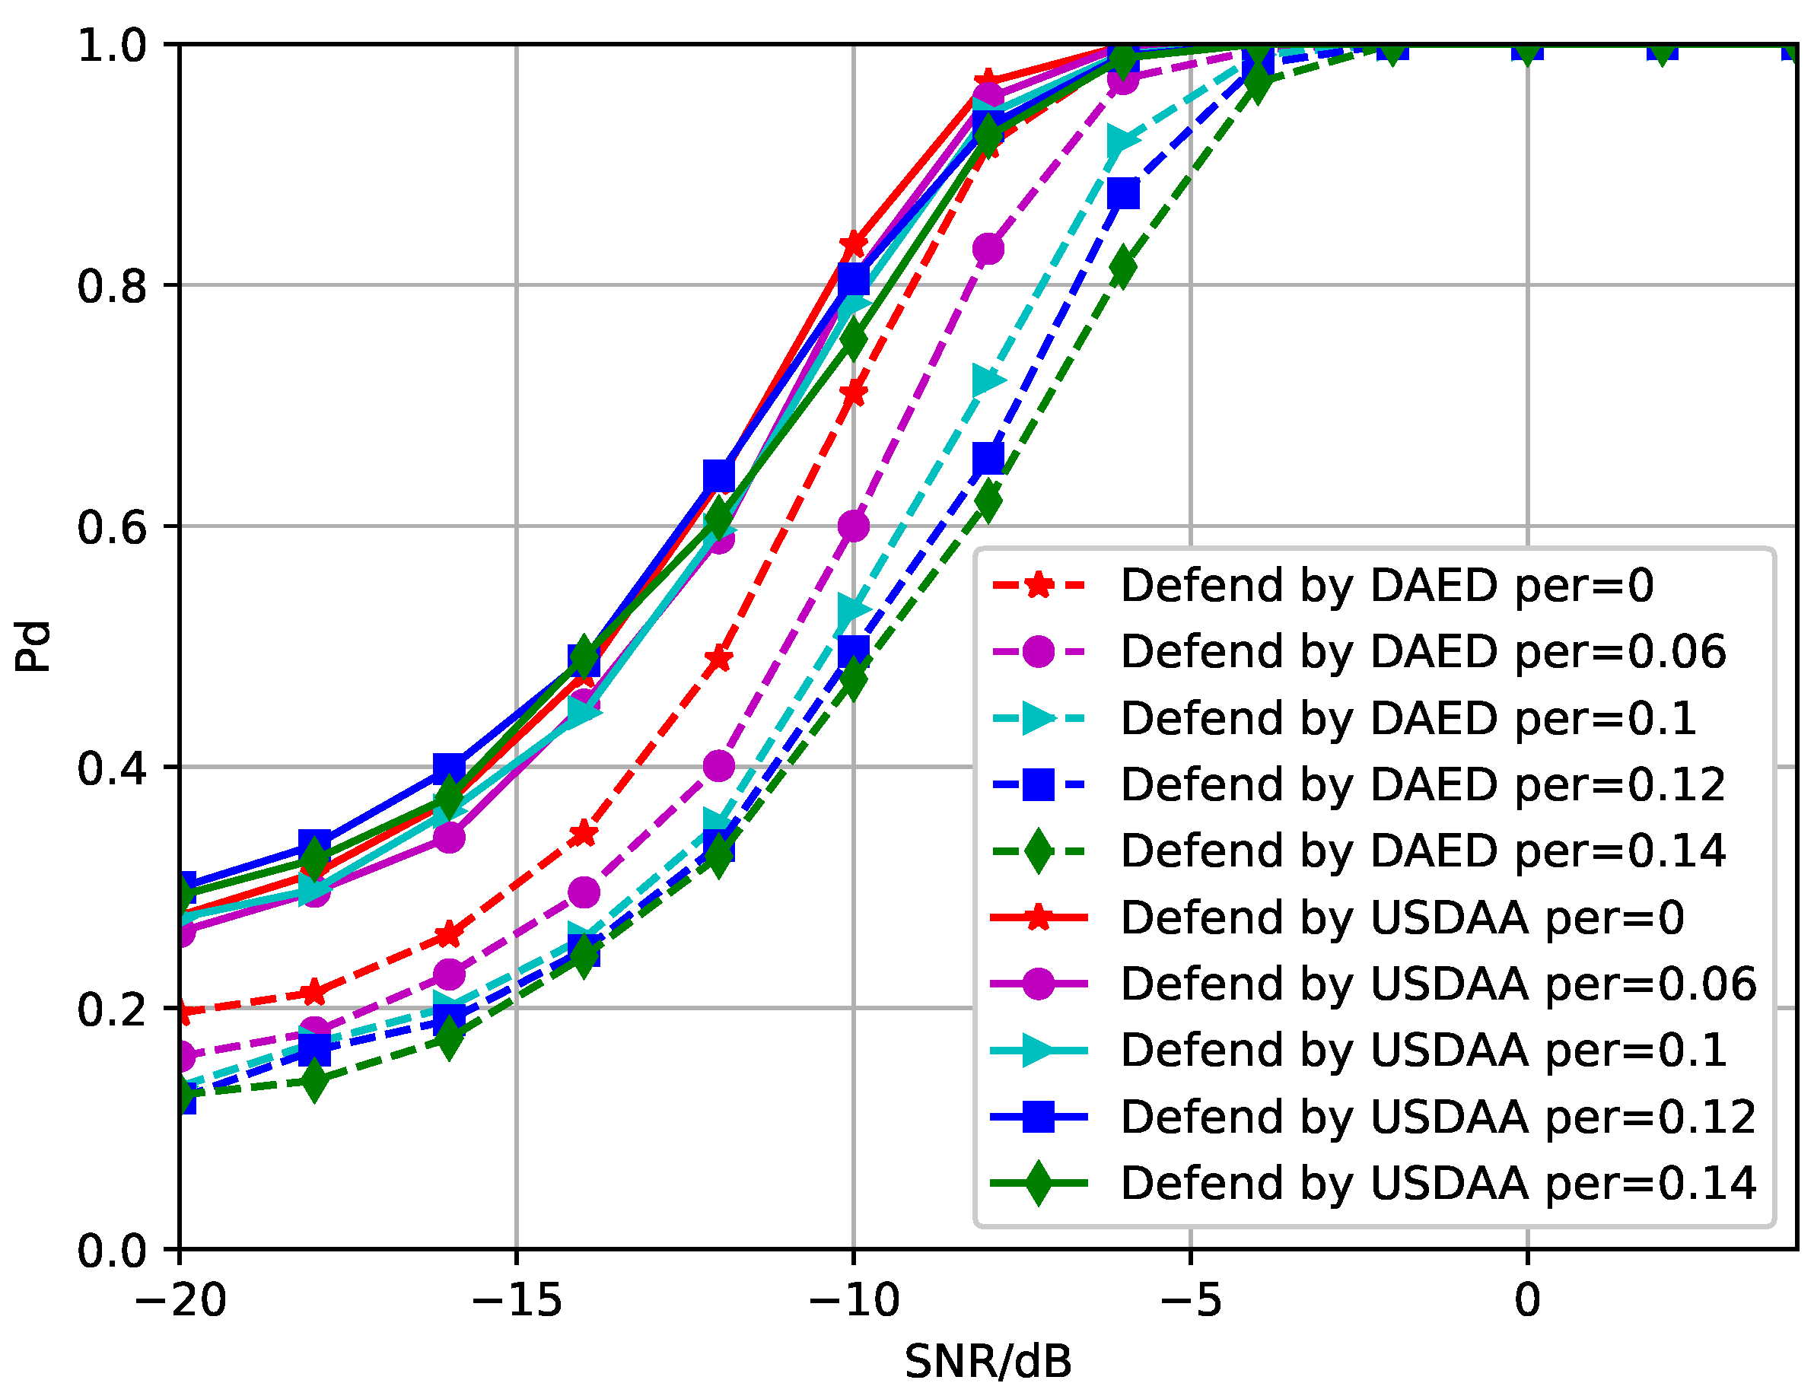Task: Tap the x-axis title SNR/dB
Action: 988,1362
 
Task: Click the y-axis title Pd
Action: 33,647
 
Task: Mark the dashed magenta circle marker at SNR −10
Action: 854,526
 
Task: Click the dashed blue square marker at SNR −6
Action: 1123,194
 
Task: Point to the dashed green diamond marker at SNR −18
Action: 314,1080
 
